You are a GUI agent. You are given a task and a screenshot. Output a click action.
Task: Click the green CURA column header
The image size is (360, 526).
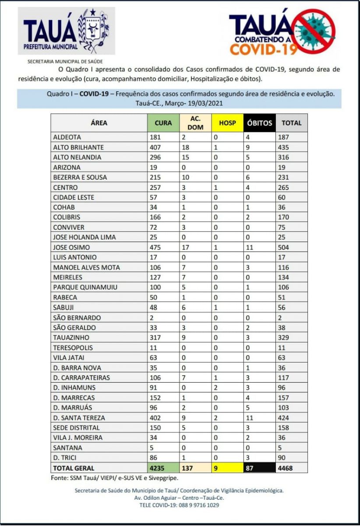163,123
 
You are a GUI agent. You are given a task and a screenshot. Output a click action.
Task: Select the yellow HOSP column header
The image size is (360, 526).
227,123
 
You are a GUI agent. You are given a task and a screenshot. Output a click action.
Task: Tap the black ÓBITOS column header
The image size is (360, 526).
260,123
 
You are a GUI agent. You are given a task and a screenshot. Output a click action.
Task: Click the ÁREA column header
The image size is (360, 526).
99,123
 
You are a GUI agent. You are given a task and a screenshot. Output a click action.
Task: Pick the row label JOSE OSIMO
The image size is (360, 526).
71,247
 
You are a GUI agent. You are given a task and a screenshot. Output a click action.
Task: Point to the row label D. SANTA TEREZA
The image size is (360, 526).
79,418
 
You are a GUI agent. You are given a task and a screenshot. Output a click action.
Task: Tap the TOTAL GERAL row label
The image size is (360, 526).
74,468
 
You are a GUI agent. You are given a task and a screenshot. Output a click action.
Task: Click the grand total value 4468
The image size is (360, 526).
286,468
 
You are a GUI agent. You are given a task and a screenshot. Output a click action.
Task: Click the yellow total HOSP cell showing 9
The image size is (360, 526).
216,468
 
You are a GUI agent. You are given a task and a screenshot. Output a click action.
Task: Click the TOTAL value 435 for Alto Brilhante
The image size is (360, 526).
284,147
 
